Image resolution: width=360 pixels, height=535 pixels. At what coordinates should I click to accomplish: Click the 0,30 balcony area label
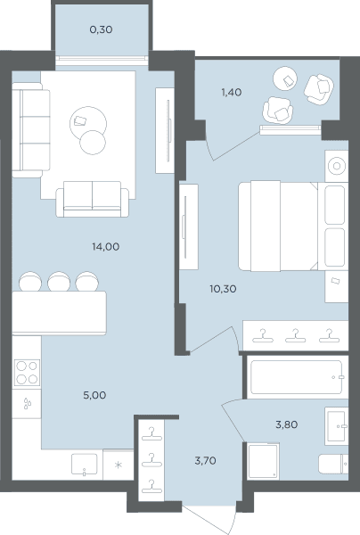[101, 29]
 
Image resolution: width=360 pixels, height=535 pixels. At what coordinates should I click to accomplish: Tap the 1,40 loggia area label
[232, 92]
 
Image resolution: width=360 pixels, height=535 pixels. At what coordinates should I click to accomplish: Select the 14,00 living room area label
[106, 246]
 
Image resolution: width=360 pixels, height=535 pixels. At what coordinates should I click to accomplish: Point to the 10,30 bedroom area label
[223, 289]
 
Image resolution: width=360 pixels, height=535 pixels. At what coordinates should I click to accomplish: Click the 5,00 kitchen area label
[94, 395]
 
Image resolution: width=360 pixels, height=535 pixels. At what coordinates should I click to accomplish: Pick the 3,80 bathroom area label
[286, 424]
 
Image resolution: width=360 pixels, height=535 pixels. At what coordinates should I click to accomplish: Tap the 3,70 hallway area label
[205, 461]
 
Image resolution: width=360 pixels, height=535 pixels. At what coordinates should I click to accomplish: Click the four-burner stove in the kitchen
[27, 373]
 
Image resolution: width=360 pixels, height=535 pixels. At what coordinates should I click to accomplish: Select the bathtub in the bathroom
[296, 377]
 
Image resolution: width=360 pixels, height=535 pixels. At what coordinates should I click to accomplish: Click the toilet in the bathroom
[333, 464]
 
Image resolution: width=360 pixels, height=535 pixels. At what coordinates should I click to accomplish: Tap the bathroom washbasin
[337, 425]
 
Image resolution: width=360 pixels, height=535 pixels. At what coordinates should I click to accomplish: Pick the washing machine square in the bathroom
[264, 461]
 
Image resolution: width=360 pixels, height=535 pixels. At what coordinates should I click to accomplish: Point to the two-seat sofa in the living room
[93, 199]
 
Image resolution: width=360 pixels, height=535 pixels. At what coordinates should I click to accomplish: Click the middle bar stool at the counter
[59, 281]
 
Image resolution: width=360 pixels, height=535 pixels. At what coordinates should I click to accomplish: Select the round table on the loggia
[285, 78]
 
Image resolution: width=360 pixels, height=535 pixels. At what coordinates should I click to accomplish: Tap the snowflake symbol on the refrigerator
[118, 465]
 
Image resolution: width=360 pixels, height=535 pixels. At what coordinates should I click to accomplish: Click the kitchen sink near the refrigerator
[84, 464]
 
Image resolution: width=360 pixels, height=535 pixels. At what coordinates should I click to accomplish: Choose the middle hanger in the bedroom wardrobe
[295, 335]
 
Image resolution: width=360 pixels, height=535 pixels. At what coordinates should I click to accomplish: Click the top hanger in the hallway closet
[151, 433]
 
